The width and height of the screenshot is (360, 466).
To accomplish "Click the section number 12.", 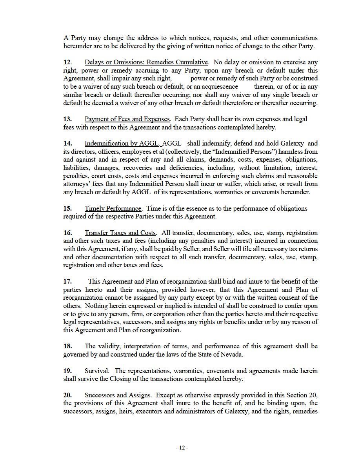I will click(67, 62).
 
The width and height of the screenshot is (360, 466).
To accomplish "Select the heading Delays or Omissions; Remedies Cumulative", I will click(146, 62).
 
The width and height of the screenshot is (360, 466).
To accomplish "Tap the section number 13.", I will click(67, 119).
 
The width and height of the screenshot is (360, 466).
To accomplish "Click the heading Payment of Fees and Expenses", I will click(127, 119).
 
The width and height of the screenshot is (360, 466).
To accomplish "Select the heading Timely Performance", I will click(113, 208).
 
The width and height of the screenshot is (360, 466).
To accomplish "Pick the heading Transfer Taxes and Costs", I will click(120, 233).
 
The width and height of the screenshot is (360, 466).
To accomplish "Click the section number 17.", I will click(67, 281).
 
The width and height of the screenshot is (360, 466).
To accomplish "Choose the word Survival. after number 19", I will click(97, 371).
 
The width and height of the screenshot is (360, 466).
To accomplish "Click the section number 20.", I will click(67, 395).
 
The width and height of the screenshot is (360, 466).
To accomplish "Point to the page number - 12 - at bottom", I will click(182, 448).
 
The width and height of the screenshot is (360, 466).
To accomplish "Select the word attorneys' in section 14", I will click(77, 184).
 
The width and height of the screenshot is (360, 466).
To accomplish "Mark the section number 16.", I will click(67, 233).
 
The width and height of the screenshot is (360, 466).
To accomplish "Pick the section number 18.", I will click(67, 346).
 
